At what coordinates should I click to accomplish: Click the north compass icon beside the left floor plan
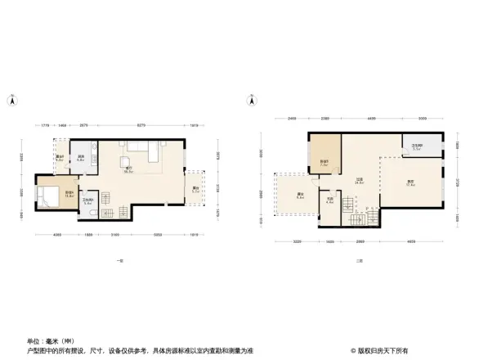12,101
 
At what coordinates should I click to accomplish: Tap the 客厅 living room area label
128,170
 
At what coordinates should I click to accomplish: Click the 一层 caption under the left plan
120,260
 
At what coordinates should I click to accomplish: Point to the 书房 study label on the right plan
329,200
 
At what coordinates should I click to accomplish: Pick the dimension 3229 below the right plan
298,242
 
